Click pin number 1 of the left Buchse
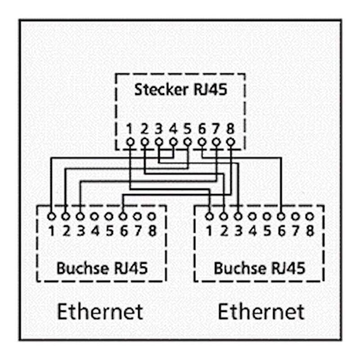(x=52, y=232)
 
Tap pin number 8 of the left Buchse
(x=152, y=232)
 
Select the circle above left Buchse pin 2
(x=66, y=216)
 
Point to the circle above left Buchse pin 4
(x=94, y=216)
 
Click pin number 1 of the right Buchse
(x=209, y=232)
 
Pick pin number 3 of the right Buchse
(x=238, y=232)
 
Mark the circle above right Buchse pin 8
(x=309, y=216)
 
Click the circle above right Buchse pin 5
(x=266, y=216)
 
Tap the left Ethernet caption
(x=100, y=311)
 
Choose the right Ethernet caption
(x=261, y=311)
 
